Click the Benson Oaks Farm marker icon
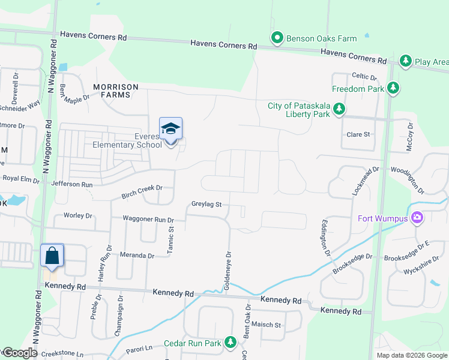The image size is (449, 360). point(277,38)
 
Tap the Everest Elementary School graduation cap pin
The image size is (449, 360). point(170,129)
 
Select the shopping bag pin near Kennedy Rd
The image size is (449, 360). point(52,256)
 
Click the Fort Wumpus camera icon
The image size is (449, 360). point(417,218)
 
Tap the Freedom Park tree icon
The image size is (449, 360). point(393,89)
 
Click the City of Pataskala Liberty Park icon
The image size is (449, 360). point(340,109)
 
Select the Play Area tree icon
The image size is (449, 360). point(406,61)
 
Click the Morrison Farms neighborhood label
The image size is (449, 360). point(119,91)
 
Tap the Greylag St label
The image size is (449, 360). point(207,205)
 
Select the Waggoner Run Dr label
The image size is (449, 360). point(148,220)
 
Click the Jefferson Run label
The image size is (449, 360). point(73,184)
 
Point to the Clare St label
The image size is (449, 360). point(358,134)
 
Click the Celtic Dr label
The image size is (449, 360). point(364,77)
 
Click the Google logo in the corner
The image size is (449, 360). point(20,353)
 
